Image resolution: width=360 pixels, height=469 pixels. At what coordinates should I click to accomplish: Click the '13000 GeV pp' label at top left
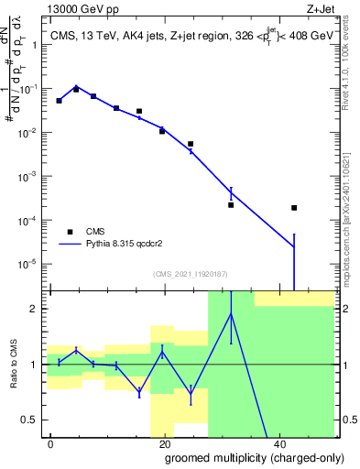78,7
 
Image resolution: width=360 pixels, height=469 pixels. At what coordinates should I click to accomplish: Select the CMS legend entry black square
70,232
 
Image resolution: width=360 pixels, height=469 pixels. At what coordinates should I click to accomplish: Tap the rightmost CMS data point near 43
294,208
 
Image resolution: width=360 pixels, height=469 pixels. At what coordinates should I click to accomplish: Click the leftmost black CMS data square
59,101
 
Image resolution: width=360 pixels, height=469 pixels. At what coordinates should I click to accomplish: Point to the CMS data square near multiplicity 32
231,205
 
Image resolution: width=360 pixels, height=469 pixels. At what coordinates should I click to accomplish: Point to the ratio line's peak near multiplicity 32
231,314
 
